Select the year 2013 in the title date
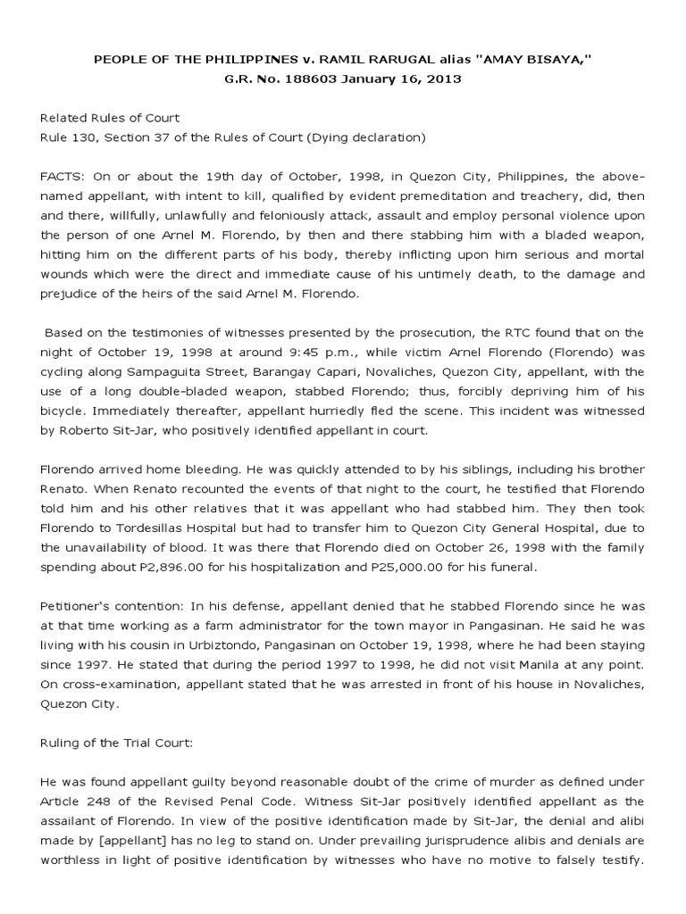pos(443,79)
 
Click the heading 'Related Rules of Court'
pos(110,118)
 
